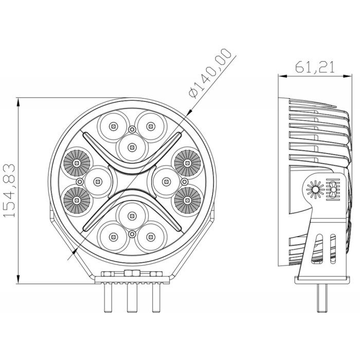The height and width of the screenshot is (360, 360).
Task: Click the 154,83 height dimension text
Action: [9, 191]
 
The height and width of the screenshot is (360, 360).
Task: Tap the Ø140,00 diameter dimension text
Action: [210, 74]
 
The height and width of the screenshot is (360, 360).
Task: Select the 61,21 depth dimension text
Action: [315, 67]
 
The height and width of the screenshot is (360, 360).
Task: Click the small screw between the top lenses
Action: [132, 130]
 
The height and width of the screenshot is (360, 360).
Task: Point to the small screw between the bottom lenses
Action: [132, 234]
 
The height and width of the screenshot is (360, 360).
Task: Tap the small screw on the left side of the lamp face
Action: [80, 182]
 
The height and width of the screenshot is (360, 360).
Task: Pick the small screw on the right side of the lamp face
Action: [184, 182]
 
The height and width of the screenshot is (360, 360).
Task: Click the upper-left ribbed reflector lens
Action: [77, 163]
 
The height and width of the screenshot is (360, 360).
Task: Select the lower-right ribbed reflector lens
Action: [187, 201]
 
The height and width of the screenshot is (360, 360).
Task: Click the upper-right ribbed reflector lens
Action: [187, 163]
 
